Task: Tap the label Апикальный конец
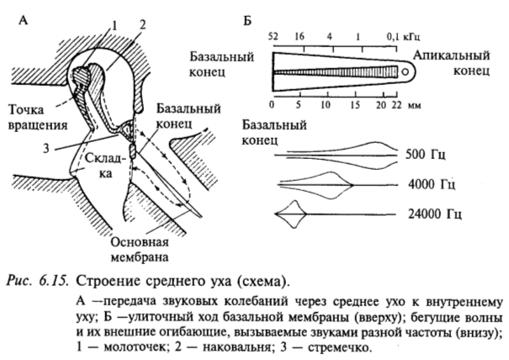coord(452,66)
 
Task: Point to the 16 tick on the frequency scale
coord(300,37)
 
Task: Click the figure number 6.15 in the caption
coord(66,276)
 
